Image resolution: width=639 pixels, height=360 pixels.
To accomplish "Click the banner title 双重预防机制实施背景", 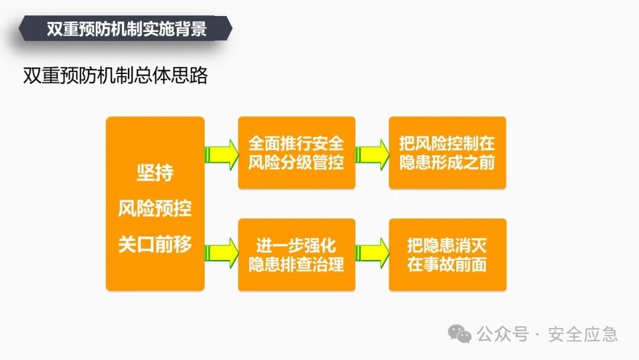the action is click(127, 29).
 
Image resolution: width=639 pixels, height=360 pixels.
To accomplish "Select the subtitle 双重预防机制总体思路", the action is click(115, 76).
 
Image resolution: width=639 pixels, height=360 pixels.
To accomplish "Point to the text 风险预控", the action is click(155, 208).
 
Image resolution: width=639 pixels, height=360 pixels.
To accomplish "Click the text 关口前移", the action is click(155, 244).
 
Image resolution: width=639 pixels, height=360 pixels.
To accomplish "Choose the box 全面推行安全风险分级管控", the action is click(296, 153).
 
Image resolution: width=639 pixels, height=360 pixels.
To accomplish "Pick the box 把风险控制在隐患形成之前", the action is click(447, 153).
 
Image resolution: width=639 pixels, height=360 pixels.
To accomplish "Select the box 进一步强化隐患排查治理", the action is click(296, 255).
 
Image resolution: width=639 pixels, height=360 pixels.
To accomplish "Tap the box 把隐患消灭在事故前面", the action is click(447, 255).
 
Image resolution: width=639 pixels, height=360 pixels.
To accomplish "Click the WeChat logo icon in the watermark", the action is click(460, 333).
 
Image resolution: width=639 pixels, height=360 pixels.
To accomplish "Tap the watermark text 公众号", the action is click(503, 334).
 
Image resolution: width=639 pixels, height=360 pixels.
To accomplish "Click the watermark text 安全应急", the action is click(583, 334).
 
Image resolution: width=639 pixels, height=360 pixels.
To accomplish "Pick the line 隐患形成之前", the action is click(447, 162).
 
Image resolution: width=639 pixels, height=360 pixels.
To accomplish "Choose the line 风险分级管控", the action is click(296, 162).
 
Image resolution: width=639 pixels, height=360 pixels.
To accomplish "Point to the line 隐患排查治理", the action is click(296, 264).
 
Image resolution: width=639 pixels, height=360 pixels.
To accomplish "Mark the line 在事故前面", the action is click(447, 264).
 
